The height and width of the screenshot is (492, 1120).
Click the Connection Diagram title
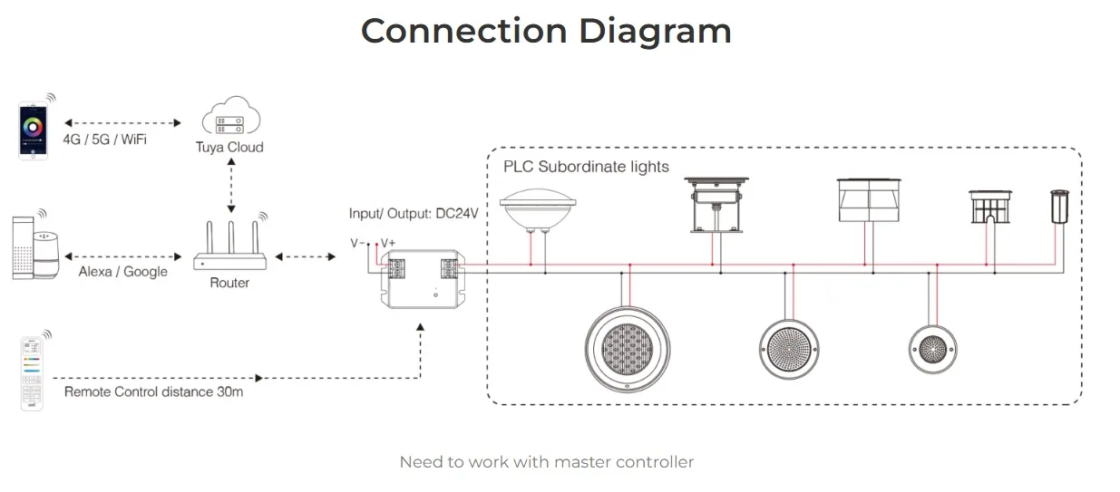(546, 31)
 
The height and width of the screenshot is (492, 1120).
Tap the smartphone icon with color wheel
(34, 130)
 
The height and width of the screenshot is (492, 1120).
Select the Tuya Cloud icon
(230, 118)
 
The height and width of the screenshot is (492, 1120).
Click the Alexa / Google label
(122, 272)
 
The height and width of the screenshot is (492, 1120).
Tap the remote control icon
(32, 372)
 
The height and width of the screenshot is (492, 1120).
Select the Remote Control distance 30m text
(153, 392)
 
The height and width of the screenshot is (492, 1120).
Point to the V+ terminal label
(388, 243)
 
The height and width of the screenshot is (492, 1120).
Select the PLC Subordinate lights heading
(586, 167)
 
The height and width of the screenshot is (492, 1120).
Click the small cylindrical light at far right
(1058, 208)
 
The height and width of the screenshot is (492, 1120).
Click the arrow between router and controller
(306, 257)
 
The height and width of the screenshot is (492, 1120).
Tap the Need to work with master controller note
(546, 462)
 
